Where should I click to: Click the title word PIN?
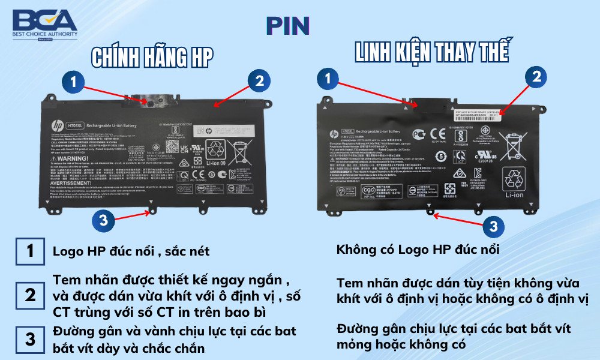[x=288, y=25]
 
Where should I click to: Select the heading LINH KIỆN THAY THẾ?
[x=432, y=52]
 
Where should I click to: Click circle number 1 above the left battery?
[x=73, y=82]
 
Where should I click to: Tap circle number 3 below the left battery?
[x=104, y=220]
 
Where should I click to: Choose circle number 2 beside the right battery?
[x=536, y=76]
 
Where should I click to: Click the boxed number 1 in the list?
[x=30, y=251]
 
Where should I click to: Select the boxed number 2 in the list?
[x=30, y=295]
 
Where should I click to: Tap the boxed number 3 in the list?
[x=30, y=339]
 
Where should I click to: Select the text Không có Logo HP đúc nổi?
[x=418, y=250]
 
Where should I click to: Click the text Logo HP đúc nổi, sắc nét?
[x=131, y=251]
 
